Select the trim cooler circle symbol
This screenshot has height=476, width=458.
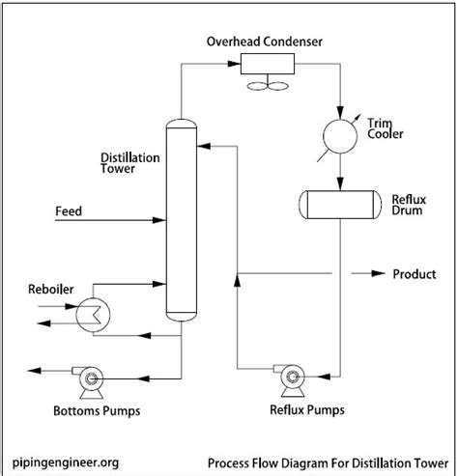click(x=340, y=134)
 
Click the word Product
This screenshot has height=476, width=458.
click(x=414, y=274)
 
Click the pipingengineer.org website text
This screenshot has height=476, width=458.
click(x=67, y=462)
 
